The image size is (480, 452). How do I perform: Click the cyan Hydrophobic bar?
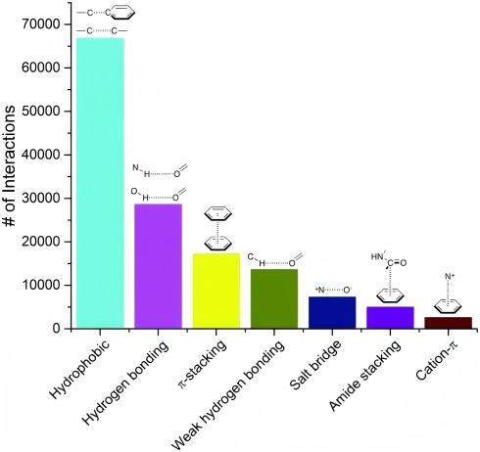pyautogui.click(x=100, y=183)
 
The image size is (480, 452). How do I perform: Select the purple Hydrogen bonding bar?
pyautogui.click(x=158, y=266)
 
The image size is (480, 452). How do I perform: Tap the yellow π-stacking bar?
pyautogui.click(x=216, y=291)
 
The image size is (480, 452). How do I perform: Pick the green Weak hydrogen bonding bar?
pyautogui.click(x=274, y=298)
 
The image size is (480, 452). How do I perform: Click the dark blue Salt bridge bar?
pyautogui.click(x=332, y=312)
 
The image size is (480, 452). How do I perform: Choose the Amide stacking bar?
pyautogui.click(x=390, y=317)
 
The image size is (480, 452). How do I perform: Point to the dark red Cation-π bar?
pyautogui.click(x=448, y=323)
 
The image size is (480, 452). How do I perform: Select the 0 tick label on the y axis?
pyautogui.click(x=56, y=329)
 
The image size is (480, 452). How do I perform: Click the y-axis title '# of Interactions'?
pyautogui.click(x=9, y=165)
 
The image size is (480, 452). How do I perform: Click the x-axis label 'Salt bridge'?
pyautogui.click(x=314, y=364)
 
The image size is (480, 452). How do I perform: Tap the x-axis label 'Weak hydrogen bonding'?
pyautogui.click(x=227, y=395)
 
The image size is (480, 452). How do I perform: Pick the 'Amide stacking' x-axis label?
pyautogui.click(x=364, y=375)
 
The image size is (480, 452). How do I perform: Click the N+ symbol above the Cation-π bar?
pyautogui.click(x=450, y=277)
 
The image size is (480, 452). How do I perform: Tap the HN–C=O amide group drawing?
pyautogui.click(x=389, y=259)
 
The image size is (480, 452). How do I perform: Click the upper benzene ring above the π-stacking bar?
pyautogui.click(x=217, y=213)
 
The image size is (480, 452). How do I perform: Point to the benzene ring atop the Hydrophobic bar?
pyautogui.click(x=120, y=13)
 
